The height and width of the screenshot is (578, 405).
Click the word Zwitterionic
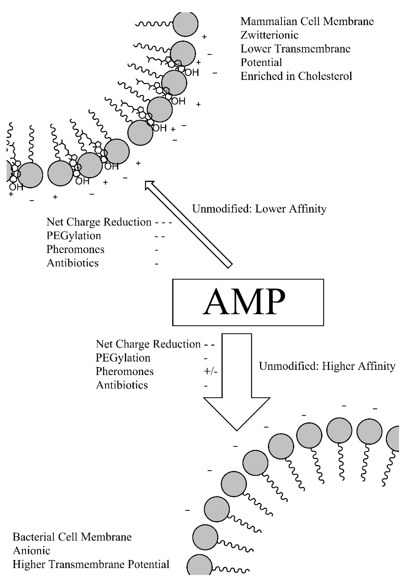click(x=269, y=35)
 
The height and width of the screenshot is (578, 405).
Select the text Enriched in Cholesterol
click(x=296, y=76)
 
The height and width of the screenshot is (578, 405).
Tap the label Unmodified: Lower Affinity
click(x=259, y=209)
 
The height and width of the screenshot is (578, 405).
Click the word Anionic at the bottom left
click(x=31, y=551)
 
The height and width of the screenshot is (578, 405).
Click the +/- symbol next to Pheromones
click(x=210, y=371)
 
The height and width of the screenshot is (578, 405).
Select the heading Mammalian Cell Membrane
click(x=307, y=21)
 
